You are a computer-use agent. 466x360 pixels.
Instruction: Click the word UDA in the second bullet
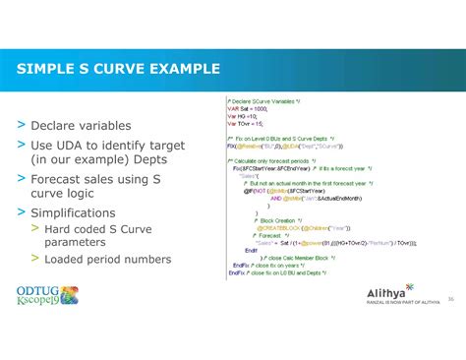click(x=77, y=146)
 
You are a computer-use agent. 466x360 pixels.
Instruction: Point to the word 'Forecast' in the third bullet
click(x=63, y=179)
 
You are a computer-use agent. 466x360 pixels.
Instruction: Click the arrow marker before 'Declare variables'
click(x=20, y=126)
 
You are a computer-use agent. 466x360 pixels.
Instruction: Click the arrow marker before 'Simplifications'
click(x=20, y=212)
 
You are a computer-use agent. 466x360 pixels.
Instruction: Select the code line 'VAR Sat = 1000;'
click(x=247, y=108)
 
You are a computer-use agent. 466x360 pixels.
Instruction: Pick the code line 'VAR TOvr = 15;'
click(x=246, y=124)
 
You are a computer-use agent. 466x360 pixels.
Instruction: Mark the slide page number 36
click(x=449, y=298)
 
